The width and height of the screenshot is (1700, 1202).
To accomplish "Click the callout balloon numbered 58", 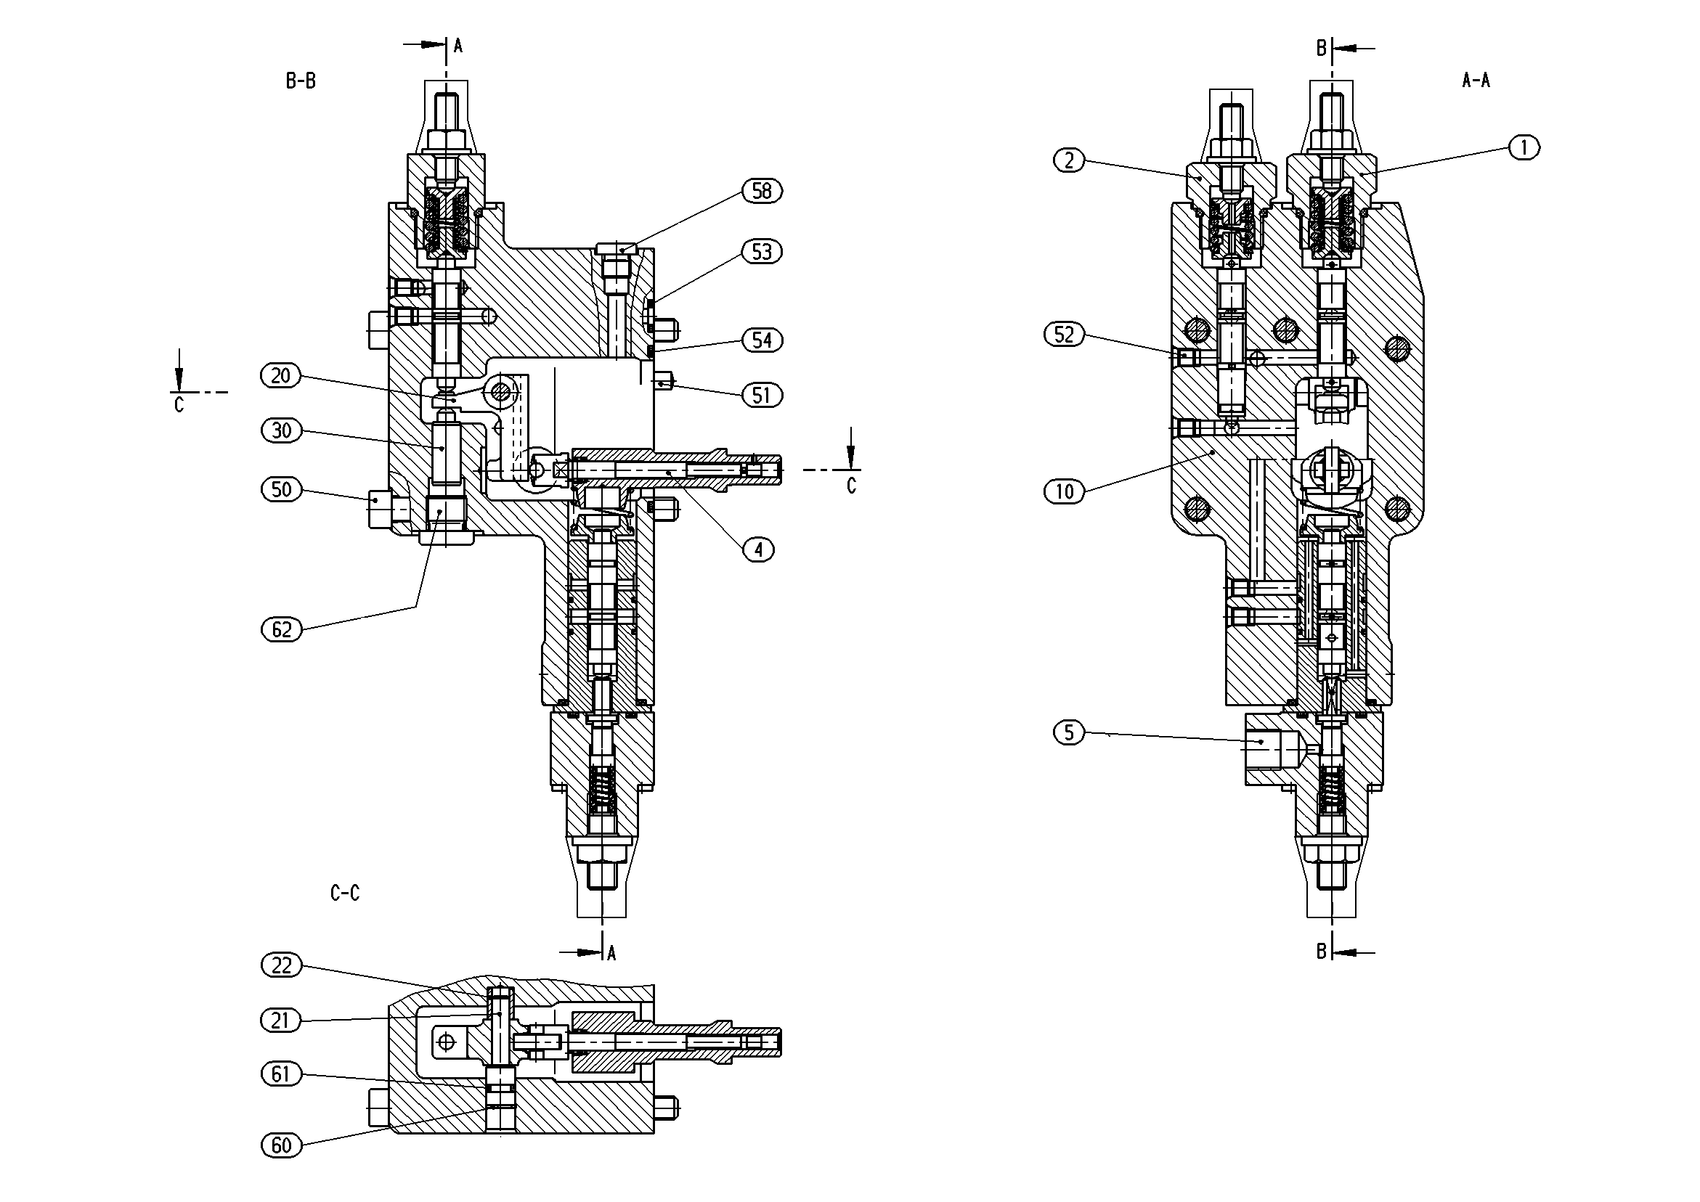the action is coord(762,191).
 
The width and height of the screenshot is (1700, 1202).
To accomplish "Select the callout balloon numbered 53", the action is coord(762,252).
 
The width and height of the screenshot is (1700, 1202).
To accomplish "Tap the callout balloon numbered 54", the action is coord(762,340).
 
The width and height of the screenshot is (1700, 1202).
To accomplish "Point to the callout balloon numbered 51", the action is coord(762,396).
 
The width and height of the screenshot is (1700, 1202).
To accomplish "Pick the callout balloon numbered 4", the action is coord(758,550).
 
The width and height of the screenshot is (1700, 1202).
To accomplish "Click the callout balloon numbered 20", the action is coord(281,376).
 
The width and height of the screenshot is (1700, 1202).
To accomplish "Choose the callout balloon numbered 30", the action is coord(281,430).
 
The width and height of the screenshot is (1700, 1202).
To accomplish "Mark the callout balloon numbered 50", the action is coord(281,489).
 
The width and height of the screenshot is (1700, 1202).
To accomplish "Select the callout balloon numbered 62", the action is coord(281,630).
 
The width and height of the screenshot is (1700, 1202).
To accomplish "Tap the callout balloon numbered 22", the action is coord(281,966).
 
